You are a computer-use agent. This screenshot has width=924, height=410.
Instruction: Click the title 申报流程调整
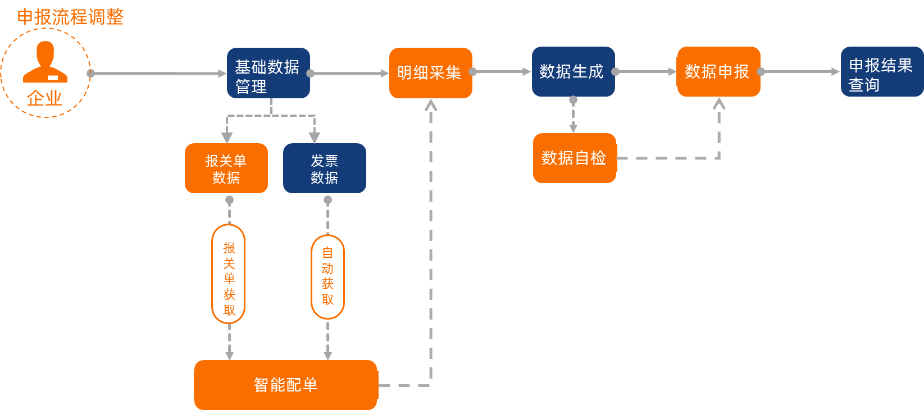(70, 17)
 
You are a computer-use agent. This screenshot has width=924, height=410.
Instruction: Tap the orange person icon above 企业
(45, 62)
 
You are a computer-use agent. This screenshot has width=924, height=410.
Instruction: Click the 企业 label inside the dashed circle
(44, 98)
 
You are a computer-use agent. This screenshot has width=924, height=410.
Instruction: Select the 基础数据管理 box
(268, 73)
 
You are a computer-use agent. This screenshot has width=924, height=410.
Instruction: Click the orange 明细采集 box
(430, 73)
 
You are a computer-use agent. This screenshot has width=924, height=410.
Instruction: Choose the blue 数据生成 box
(573, 71)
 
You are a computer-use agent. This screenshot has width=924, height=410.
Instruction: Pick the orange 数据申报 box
(718, 71)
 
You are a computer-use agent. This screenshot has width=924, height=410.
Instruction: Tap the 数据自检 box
(574, 158)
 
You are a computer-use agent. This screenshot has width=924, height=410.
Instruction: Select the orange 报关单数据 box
(226, 168)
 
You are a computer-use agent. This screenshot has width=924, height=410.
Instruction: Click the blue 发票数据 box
(324, 168)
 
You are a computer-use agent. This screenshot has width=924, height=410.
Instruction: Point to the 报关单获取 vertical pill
(229, 274)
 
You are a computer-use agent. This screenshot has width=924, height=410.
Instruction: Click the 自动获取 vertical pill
(327, 277)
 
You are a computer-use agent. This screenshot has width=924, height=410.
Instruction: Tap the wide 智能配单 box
(285, 385)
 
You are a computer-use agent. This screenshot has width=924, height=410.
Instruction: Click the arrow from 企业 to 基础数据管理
(157, 73)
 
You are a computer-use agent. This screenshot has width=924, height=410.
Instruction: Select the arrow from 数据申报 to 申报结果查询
(800, 72)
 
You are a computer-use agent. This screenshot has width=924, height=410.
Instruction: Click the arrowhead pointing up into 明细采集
(431, 105)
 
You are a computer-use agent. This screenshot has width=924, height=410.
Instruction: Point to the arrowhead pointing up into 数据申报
(719, 103)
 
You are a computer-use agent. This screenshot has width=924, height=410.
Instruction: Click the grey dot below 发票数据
(328, 200)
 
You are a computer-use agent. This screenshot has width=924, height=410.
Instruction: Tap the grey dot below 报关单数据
(229, 200)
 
